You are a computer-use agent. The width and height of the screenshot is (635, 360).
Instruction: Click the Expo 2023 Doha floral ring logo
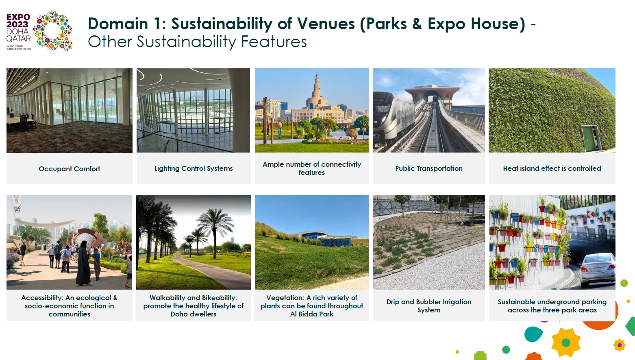coord(53,31)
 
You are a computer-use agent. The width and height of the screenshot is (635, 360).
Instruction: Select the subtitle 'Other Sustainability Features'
coord(197,42)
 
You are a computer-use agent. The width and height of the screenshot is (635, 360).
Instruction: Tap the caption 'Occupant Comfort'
coord(70,169)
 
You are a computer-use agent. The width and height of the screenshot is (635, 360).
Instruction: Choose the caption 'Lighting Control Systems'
coord(194,168)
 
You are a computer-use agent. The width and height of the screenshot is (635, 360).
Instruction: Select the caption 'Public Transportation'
coord(429,168)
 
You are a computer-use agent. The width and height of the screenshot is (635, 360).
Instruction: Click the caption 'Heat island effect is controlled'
coord(552,168)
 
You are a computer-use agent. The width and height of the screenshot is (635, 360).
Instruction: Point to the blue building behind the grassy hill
coord(323,239)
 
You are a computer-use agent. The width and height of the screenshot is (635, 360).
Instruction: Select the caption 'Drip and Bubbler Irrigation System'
coord(429,306)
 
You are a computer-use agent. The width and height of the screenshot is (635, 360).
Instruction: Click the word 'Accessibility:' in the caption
coord(42,298)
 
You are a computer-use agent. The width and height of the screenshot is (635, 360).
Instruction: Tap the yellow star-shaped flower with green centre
coord(566,343)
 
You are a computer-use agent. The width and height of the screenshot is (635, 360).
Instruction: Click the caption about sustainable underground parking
coord(552,306)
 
